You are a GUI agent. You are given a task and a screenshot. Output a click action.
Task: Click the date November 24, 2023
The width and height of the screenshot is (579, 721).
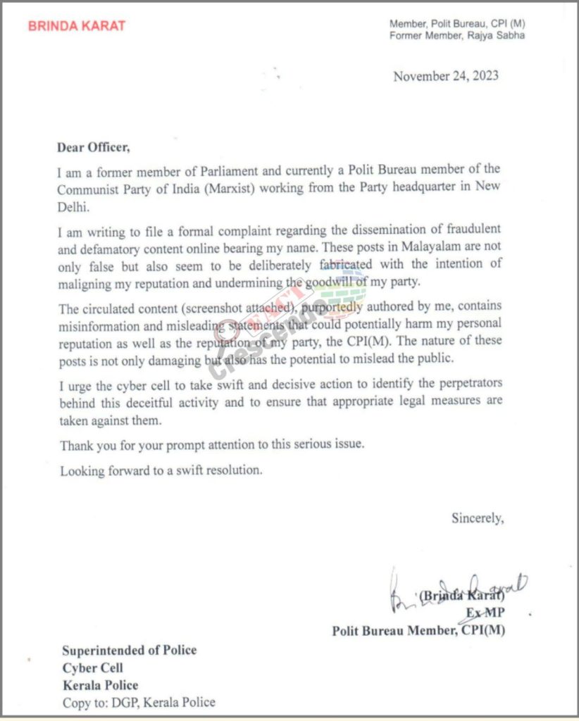pos(446,76)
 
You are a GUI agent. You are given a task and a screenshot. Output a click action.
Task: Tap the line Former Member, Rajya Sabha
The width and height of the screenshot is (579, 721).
pos(456,36)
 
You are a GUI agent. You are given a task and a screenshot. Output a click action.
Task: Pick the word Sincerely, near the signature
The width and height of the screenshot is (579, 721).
pos(478,518)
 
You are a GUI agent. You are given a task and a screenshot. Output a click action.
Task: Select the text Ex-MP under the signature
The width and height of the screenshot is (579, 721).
pos(485,613)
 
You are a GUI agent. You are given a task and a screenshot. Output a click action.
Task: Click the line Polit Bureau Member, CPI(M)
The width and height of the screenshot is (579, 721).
pos(418,631)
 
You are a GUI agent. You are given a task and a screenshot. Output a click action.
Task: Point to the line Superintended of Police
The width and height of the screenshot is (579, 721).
pos(129,650)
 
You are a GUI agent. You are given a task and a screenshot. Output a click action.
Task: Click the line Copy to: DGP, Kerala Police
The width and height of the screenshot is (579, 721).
pos(138,702)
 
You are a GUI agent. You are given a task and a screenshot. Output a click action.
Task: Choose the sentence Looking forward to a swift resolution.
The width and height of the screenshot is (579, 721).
pos(161,470)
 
